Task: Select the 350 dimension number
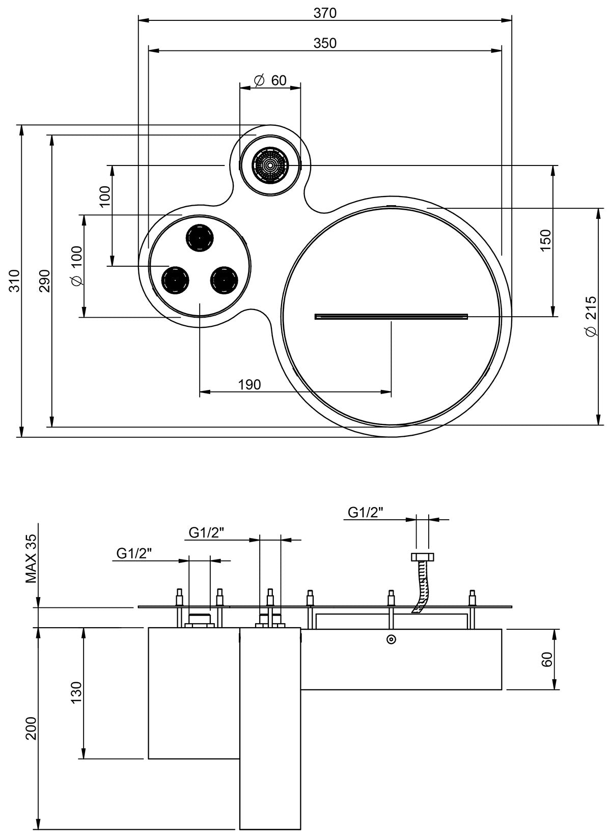tap(325, 43)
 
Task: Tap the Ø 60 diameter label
tap(270, 80)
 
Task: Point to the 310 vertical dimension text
tap(15, 281)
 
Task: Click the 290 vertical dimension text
tap(45, 281)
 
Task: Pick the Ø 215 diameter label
tap(591, 316)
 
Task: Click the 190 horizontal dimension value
tap(249, 384)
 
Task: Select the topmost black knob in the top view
tap(200, 237)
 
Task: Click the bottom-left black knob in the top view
tap(175, 279)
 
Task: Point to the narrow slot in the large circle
tap(391, 316)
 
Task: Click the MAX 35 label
tap(32, 558)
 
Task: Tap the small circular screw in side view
tap(391, 639)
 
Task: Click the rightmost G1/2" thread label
tap(365, 512)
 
